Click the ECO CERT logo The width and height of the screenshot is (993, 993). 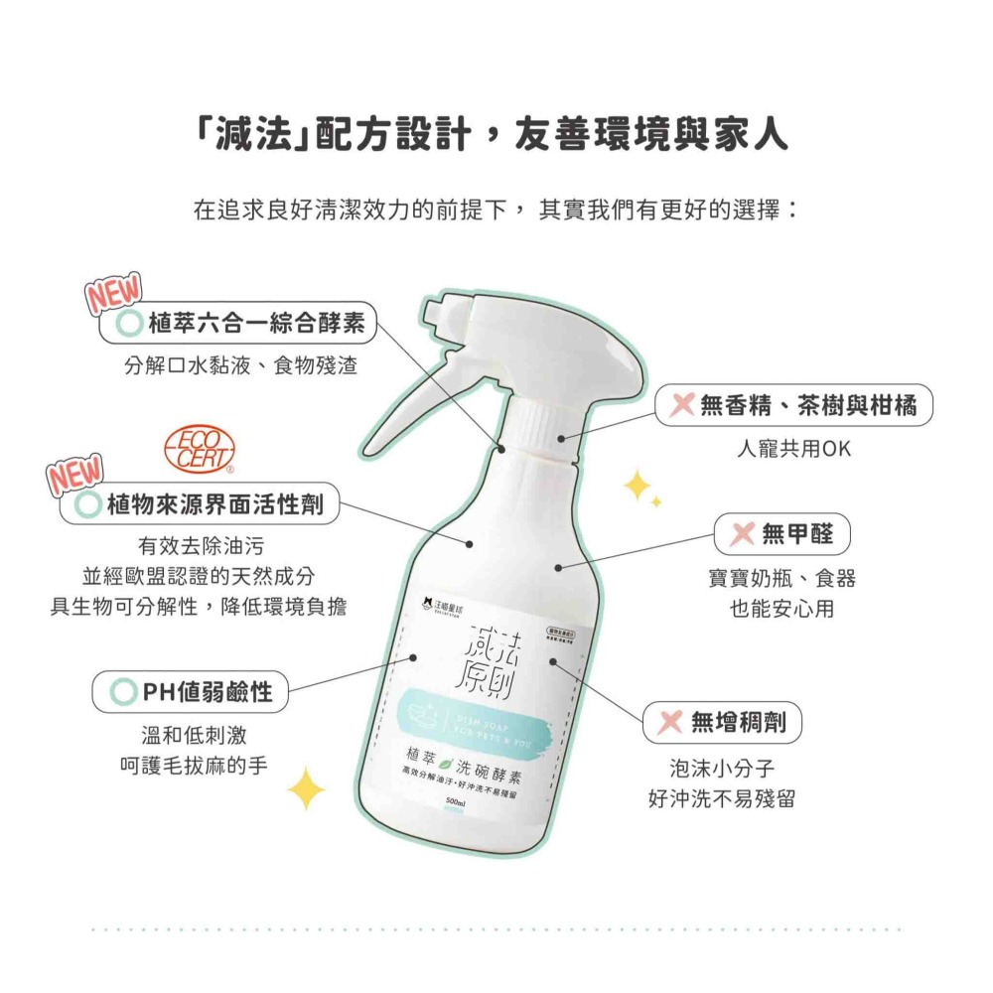pyautogui.click(x=204, y=449)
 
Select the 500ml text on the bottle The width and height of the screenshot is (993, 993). pyautogui.click(x=457, y=801)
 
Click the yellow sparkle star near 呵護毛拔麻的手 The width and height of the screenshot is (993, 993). pyautogui.click(x=306, y=788)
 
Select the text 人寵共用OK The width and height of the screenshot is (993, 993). pyautogui.click(x=793, y=449)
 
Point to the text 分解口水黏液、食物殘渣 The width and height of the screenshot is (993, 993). pyautogui.click(x=240, y=365)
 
